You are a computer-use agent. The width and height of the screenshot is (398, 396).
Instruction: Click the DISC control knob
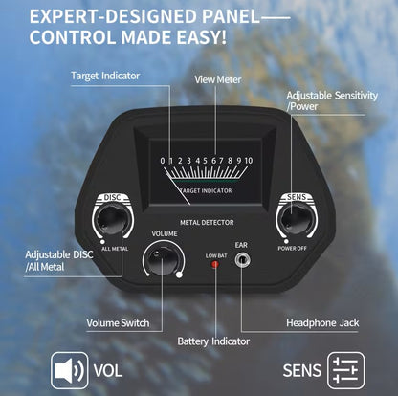tap(111, 220)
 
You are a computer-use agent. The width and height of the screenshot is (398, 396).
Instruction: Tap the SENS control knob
tap(296, 219)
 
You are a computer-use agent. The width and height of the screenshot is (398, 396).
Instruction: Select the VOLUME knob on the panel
tap(163, 258)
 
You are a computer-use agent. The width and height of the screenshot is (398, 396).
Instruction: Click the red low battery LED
tap(215, 264)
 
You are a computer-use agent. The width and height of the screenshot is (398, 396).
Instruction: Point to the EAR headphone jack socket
tap(242, 260)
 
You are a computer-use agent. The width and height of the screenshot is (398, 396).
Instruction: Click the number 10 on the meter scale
tap(249, 161)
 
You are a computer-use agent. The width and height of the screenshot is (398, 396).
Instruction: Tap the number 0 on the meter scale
tap(163, 161)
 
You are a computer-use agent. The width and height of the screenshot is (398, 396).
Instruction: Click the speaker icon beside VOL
tap(69, 370)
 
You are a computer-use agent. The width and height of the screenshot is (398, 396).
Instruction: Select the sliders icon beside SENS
tap(345, 370)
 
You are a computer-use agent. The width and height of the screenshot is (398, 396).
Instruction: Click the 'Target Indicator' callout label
tap(105, 76)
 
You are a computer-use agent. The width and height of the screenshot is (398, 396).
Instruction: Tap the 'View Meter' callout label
tap(218, 79)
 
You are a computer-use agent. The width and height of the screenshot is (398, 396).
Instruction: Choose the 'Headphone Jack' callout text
tap(322, 323)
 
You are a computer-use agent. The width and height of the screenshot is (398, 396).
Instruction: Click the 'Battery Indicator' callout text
tap(213, 341)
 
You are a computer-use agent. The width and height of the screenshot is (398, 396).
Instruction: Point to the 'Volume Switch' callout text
tap(118, 323)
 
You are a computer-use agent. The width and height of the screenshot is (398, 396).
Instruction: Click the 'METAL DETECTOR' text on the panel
tap(207, 223)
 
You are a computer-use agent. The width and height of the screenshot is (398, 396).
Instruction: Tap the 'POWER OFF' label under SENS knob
tap(292, 248)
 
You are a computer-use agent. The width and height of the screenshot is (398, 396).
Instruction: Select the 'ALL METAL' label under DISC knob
tap(115, 249)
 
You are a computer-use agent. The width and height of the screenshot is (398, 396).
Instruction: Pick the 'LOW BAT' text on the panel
tap(216, 255)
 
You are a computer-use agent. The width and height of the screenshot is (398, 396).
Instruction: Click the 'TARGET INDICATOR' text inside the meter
tap(206, 190)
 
